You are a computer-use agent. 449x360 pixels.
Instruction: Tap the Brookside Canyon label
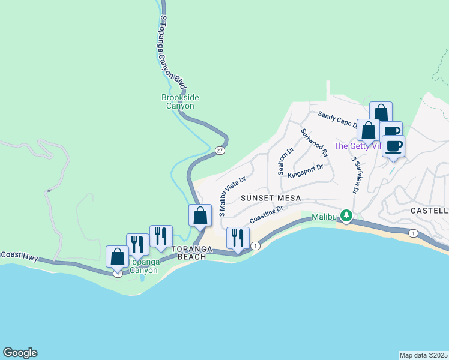180,102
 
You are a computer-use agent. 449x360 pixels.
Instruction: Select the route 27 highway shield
220,151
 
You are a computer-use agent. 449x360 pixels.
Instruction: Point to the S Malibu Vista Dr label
232,196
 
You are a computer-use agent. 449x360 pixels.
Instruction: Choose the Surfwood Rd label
314,143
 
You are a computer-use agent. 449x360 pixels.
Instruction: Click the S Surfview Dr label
355,175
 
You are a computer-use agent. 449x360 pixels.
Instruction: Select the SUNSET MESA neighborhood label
270,197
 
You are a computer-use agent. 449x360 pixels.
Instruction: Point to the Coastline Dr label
266,214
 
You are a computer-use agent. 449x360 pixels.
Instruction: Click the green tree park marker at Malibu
346,215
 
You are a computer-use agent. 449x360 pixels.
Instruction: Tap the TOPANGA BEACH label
189,253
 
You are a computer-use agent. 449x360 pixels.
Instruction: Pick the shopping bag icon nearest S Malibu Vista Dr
200,215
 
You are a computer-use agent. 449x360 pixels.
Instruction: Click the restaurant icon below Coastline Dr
238,238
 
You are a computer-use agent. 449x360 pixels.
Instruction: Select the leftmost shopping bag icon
118,256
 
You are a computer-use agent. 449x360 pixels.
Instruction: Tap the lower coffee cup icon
393,146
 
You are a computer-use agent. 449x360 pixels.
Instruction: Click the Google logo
20,353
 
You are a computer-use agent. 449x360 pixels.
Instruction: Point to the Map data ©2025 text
423,355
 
